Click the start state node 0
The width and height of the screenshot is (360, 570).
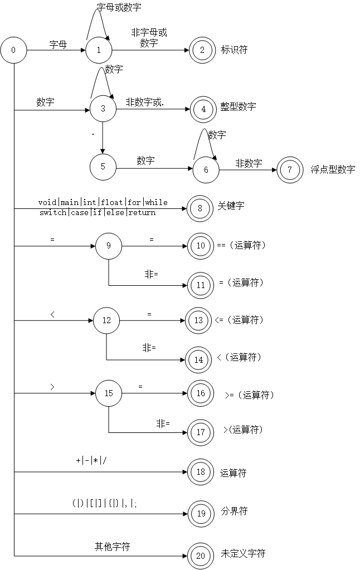click(13, 50)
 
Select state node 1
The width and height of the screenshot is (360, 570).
click(99, 50)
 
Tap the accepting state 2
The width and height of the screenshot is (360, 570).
click(202, 50)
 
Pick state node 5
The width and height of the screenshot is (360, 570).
click(103, 167)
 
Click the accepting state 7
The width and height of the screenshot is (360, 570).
click(290, 169)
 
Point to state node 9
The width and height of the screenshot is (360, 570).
click(109, 246)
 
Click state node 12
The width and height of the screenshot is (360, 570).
click(106, 320)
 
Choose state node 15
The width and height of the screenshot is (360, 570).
click(109, 393)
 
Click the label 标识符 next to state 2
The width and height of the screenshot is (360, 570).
click(234, 50)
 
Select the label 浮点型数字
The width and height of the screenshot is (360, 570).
click(333, 169)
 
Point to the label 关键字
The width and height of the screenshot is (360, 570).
click(231, 206)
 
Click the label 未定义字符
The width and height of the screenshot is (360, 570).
click(243, 553)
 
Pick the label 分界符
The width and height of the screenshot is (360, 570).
click(234, 510)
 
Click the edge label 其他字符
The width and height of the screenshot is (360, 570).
click(112, 547)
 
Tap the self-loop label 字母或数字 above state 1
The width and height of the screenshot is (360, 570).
click(119, 7)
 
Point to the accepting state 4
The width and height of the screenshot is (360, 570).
click(203, 109)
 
